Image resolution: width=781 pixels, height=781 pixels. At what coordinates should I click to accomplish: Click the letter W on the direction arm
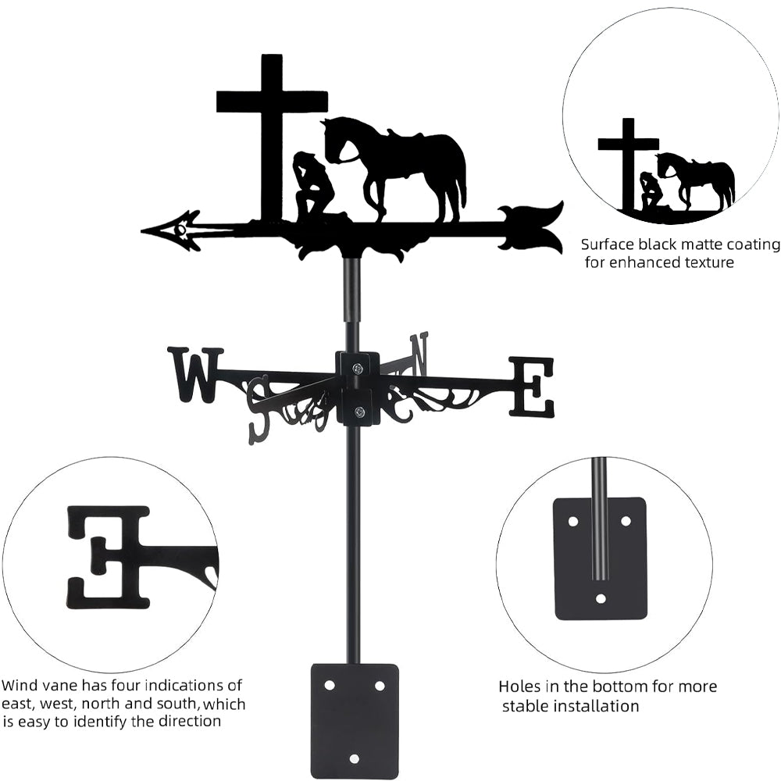click(x=195, y=375)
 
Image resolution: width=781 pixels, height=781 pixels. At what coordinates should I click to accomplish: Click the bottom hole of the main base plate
click(x=355, y=758)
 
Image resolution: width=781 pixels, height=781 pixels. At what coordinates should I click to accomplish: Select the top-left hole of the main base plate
click(x=330, y=685)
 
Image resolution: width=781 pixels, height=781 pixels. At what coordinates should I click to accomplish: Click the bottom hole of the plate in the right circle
click(x=601, y=599)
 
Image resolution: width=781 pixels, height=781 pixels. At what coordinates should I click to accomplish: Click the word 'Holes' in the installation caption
click(x=520, y=687)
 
